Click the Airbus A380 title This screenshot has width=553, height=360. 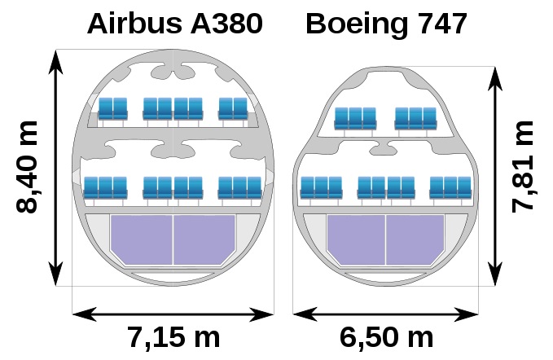coord(174,24)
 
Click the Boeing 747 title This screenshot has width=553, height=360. coord(387,24)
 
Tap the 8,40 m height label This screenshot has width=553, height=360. coord(27,167)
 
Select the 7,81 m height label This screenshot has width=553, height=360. coord(523,167)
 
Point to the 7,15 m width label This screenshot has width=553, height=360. coord(173,337)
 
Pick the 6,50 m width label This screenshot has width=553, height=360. coord(386,337)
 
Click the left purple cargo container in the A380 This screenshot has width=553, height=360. coord(142,239)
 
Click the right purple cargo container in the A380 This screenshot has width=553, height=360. coord(204,239)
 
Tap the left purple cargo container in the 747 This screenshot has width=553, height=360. coord(356,239)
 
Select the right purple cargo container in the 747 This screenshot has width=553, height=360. coord(415,239)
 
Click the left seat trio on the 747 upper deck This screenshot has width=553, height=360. coord(355,118)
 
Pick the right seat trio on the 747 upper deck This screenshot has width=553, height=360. coord(416,118)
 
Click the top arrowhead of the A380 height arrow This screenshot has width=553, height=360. coord(55,62)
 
